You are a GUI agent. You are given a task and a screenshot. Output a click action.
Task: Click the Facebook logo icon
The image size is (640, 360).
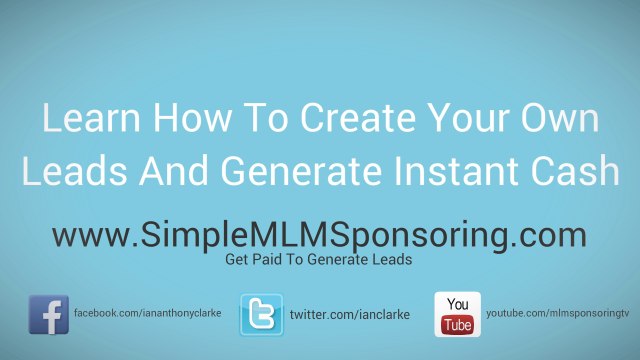pos(49,314)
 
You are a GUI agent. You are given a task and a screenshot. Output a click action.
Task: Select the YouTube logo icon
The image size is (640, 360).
pos(457,314)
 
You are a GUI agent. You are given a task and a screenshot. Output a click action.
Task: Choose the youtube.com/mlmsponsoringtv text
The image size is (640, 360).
pos(557,314)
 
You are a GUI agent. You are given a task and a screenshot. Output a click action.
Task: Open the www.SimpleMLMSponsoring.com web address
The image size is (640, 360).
pos(319,237)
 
